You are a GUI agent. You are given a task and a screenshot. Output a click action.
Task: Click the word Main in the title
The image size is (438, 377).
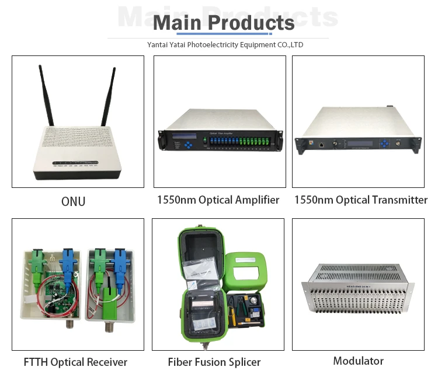coord(178,23)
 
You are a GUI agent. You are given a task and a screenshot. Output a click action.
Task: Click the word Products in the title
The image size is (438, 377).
coord(251,23)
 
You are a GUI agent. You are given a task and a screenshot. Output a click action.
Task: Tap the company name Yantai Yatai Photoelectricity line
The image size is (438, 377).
coord(225,44)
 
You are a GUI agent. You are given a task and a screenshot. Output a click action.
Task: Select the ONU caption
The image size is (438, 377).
coord(74,202)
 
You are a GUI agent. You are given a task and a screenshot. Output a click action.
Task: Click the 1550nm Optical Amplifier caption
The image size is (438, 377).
coord(218,200)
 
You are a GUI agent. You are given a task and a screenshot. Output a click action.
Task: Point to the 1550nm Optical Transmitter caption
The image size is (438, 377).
coord(360,200)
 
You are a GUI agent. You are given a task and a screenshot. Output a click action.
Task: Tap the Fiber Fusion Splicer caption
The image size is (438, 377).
coord(214,362)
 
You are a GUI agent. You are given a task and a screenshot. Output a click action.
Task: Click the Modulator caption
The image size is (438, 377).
coord(358,361)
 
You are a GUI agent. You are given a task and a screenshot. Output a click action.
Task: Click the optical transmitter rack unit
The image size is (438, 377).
coord(357,132)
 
